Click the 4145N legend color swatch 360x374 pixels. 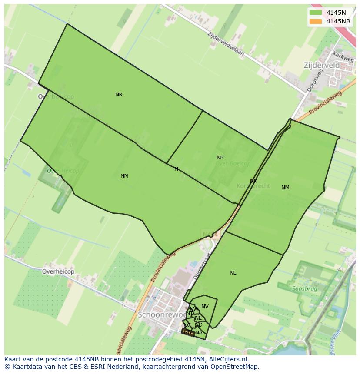[x=316, y=13]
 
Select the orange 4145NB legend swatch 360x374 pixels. [x=316, y=21]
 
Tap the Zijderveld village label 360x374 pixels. [x=321, y=65]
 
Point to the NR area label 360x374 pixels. [x=119, y=95]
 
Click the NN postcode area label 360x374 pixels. [x=124, y=176]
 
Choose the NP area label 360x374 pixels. [x=220, y=158]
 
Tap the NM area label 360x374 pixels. [x=285, y=188]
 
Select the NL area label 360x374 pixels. [x=233, y=273]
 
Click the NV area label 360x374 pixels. [x=205, y=307]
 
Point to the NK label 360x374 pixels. [x=253, y=181]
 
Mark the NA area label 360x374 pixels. [x=199, y=333]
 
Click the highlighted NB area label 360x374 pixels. [x=187, y=332]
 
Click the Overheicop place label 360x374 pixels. [x=58, y=271]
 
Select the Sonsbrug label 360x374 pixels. [x=304, y=288]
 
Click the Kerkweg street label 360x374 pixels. [x=343, y=57]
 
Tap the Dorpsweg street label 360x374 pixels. [x=315, y=80]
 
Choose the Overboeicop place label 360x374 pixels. [x=56, y=97]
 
